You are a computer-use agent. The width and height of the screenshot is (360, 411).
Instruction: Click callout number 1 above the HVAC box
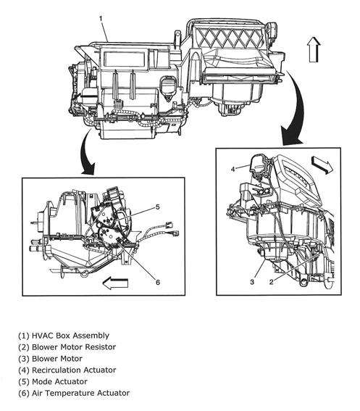point(101,17)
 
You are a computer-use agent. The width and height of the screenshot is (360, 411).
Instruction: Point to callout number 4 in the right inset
point(233,170)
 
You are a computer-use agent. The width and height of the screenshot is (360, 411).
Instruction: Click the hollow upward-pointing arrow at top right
point(313,51)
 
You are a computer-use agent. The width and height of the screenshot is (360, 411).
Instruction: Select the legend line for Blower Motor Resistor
point(69,347)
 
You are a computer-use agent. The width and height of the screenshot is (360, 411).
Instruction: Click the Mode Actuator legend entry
point(56,381)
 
